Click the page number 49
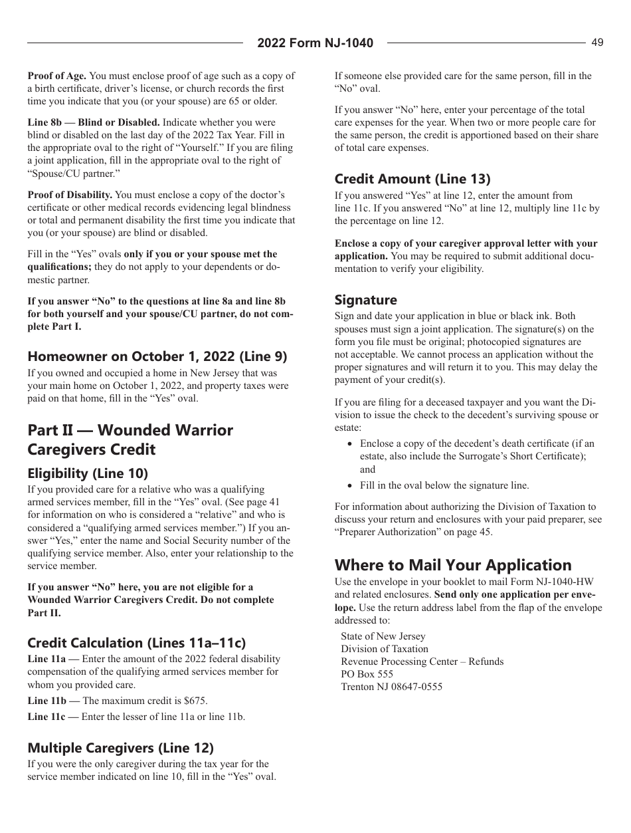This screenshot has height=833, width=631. coord(597,43)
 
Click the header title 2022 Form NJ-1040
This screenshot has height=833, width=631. coord(315,43)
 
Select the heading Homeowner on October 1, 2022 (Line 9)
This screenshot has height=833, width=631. coord(157,356)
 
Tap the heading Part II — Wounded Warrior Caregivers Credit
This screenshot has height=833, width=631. coord(130,439)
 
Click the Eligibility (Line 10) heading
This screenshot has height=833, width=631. coord(88,473)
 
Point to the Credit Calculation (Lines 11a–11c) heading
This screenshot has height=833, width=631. coord(136,643)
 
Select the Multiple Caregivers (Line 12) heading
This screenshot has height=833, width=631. coord(120,748)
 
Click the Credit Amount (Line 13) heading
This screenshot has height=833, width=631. coord(412,179)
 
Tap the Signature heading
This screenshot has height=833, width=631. coord(365,300)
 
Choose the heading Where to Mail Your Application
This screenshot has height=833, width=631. coord(453,565)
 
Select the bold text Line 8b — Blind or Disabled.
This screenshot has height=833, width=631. coord(94,122)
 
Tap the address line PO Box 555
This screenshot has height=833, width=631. coord(367,674)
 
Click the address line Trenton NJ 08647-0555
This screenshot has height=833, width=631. coord(391,687)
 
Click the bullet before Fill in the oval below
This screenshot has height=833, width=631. coord(349,486)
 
